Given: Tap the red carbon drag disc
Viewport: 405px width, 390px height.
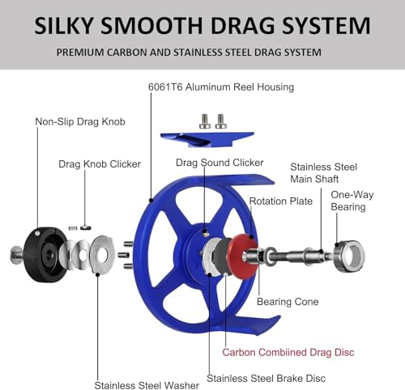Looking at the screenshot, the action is tap(241, 256).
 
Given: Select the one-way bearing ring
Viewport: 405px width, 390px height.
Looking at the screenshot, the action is tap(349, 256).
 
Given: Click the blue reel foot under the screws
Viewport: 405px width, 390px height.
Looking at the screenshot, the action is tap(207, 139).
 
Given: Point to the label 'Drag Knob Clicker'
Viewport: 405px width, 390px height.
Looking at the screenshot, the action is tap(100, 164).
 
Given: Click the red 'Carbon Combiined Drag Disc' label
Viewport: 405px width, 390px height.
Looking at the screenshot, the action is tap(288, 352).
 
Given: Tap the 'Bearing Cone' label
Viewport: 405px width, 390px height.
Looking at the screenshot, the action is tap(288, 302).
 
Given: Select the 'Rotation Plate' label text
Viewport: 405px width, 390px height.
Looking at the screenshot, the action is tap(281, 201).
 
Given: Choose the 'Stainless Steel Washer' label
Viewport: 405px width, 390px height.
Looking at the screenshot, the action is tap(147, 385).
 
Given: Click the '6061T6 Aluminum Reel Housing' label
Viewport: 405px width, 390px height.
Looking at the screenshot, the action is tap(221, 87).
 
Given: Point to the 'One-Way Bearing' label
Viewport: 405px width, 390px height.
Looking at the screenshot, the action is tap(352, 201).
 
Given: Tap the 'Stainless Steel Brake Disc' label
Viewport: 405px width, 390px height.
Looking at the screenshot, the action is tap(266, 378).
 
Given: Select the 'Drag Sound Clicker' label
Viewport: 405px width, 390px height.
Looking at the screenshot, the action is tap(220, 163).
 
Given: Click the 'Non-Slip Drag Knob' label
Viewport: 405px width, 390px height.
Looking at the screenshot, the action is tap(80, 121).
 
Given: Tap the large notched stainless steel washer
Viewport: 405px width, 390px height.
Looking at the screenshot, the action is tap(102, 254).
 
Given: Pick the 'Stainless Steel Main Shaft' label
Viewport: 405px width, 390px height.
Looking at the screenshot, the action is tap(323, 173).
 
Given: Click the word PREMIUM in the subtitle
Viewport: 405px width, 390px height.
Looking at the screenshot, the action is tap(80, 52).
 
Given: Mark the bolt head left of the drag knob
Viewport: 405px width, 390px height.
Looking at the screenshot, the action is tap(15, 255).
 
